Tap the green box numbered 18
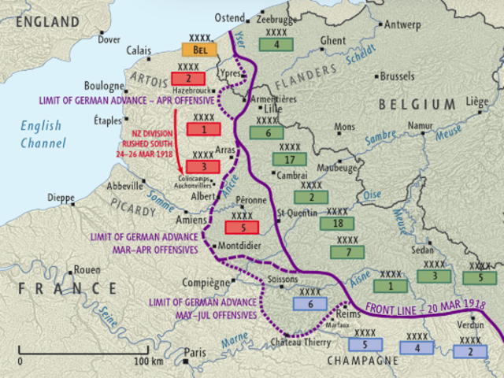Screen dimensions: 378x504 (x=337, y=224)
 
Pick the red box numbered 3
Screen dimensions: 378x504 (x=203, y=167)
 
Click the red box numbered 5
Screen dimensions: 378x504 (x=242, y=228)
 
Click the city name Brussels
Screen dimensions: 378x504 (x=397, y=77)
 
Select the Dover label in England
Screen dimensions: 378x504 (x=109, y=39)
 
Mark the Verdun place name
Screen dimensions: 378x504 (x=470, y=324)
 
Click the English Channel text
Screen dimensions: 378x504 (x=43, y=135)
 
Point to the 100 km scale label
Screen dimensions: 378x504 (x=148, y=361)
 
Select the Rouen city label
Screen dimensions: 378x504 (x=87, y=270)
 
